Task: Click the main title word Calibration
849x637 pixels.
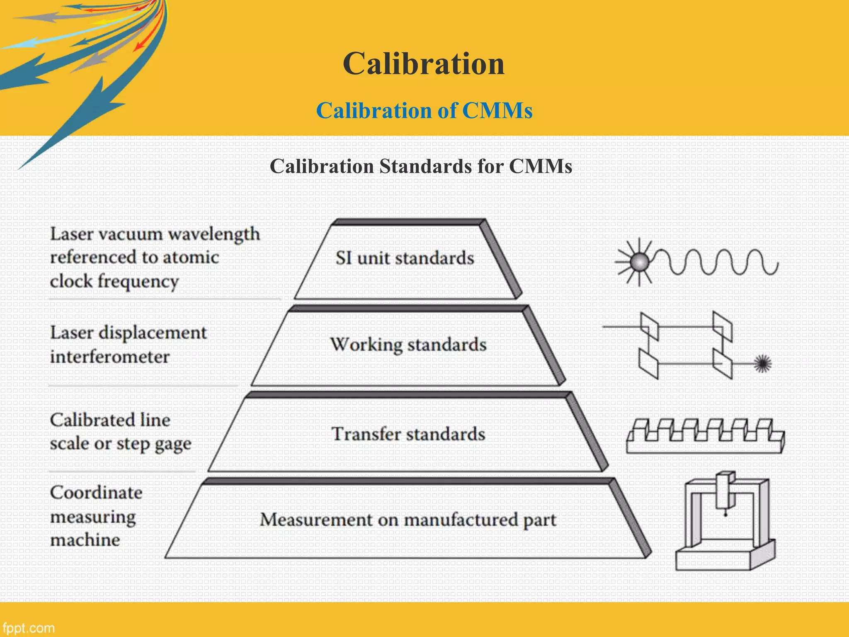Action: tap(424, 64)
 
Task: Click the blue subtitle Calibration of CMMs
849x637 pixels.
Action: tap(424, 111)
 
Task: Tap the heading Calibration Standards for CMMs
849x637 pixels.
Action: tap(421, 166)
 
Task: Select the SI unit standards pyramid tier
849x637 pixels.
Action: tap(405, 258)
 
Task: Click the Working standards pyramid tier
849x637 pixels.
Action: tap(408, 345)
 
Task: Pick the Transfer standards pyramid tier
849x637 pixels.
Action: tap(408, 434)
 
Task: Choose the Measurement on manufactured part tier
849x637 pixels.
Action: tap(408, 520)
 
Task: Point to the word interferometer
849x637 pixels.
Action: tap(110, 357)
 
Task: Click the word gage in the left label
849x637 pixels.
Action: tap(173, 444)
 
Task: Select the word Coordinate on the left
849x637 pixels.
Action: tap(96, 493)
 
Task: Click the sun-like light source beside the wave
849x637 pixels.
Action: tap(639, 262)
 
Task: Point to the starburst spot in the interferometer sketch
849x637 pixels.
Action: tap(762, 364)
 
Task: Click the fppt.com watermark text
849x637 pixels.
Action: tap(28, 628)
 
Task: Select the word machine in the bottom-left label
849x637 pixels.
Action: tap(85, 540)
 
